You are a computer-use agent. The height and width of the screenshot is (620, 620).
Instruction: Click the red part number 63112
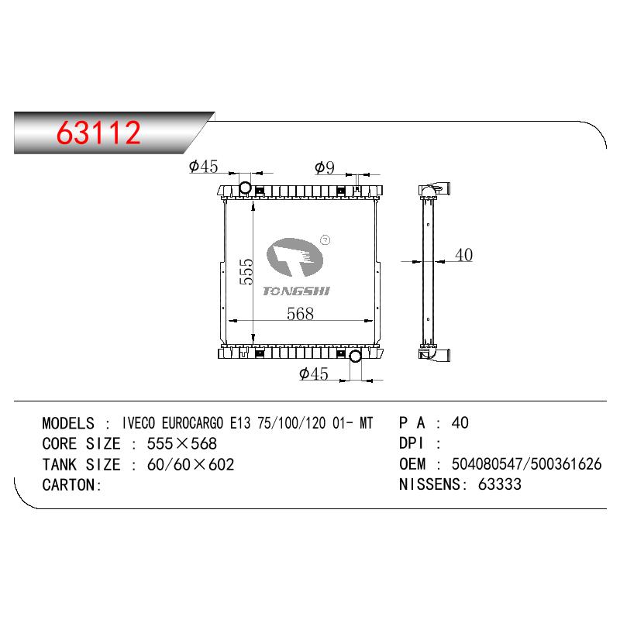click(x=98, y=133)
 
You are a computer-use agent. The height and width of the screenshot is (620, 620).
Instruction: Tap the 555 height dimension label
click(x=246, y=272)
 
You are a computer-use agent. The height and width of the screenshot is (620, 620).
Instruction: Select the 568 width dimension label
click(x=300, y=314)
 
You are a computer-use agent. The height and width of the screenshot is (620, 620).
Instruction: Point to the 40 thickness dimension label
click(x=463, y=255)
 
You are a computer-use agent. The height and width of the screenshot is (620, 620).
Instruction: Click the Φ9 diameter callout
click(x=325, y=167)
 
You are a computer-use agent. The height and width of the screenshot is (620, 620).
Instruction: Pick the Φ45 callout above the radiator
click(x=203, y=167)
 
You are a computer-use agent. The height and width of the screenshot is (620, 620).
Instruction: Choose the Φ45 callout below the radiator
click(x=314, y=374)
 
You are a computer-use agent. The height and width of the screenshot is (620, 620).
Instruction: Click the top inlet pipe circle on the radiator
click(x=246, y=187)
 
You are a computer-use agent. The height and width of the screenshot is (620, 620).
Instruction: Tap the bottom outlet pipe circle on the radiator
click(x=355, y=356)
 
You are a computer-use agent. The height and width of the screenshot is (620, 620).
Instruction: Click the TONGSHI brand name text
click(x=296, y=291)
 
